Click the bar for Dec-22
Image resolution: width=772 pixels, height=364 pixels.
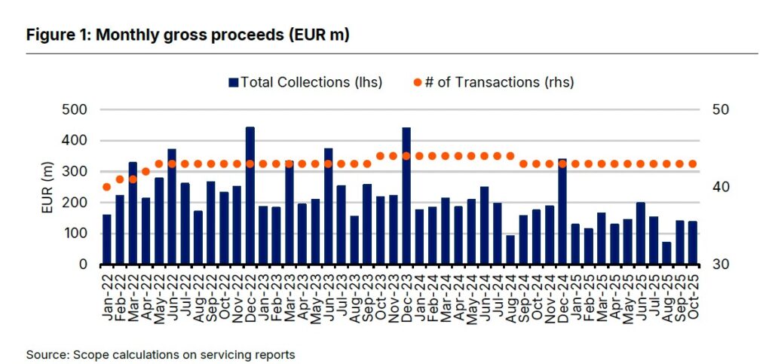250,196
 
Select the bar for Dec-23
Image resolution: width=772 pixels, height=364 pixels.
406,196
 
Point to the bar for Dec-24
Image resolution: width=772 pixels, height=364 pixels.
562,212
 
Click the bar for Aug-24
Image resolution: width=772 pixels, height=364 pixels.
510,250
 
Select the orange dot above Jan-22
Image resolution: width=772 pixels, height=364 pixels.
107,187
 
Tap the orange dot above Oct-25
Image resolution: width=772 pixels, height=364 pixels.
693,164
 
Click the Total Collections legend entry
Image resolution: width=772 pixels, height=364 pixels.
305,82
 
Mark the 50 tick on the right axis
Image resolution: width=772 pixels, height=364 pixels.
721,110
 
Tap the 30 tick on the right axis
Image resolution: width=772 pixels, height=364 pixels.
721,265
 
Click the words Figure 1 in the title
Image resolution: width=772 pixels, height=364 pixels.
55,35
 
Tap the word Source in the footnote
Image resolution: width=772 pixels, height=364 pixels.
44,353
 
